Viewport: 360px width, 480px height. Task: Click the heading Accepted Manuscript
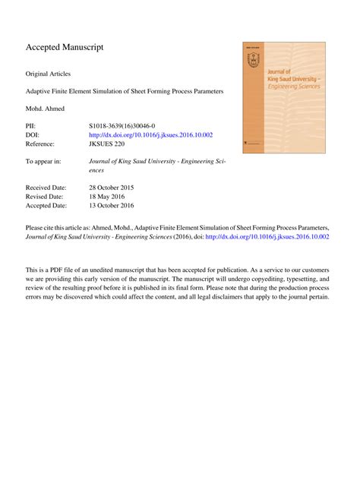[65, 48]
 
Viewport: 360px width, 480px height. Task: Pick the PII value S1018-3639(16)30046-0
[127, 125]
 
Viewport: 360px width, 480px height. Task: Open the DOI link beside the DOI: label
[150, 134]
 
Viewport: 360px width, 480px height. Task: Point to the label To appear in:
[43, 162]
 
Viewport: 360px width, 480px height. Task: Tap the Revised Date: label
[45, 196]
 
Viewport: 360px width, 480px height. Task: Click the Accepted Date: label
[46, 205]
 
